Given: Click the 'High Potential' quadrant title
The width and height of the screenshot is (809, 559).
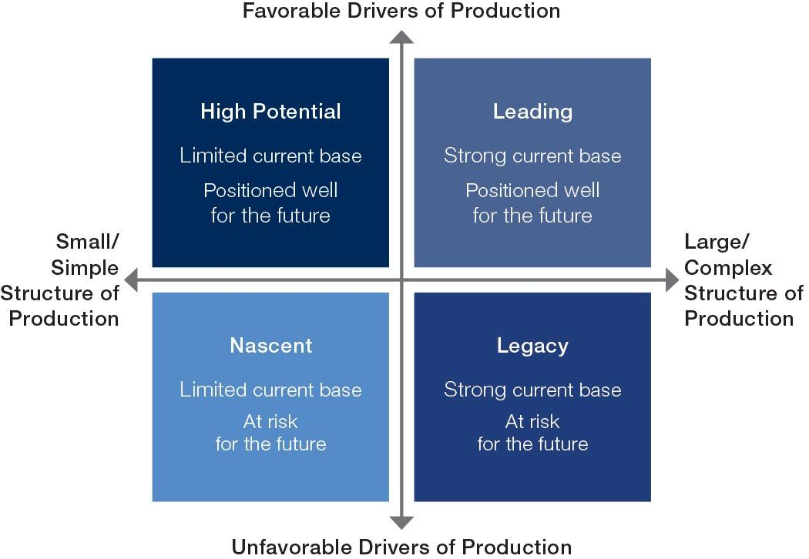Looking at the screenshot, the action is click(270, 112).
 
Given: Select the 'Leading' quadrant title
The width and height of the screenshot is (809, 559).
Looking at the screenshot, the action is click(532, 112).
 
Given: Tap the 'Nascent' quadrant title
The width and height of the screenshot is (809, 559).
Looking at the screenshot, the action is click(271, 346).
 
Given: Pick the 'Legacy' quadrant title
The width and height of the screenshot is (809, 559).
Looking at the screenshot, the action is click(532, 346).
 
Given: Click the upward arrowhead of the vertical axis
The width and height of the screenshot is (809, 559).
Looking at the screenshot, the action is click(401, 36).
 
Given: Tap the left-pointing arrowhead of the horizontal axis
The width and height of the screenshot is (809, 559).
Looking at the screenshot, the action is click(132, 280).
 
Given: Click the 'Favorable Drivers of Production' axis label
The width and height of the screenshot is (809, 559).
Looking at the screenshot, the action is click(401, 11).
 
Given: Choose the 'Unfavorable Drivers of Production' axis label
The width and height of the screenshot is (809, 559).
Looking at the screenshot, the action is click(401, 547).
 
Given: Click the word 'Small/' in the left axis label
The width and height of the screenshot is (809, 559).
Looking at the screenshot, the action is click(88, 243).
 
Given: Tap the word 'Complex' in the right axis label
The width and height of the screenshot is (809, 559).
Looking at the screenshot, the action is click(728, 268).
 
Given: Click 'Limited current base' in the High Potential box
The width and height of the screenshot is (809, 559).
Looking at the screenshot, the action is click(270, 156).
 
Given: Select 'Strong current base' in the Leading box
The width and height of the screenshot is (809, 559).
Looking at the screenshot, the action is click(532, 156).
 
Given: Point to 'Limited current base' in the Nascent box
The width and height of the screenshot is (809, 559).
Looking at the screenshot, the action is click(270, 390).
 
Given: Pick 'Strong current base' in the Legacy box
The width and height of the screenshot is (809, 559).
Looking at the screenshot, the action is click(532, 390).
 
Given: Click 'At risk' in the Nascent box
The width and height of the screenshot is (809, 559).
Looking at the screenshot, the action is click(270, 422).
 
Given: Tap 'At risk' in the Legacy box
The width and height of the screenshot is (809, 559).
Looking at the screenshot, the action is click(532, 422).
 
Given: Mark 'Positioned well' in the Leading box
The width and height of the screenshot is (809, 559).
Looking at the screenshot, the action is click(532, 190).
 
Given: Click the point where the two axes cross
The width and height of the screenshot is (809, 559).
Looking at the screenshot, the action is click(401, 280).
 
